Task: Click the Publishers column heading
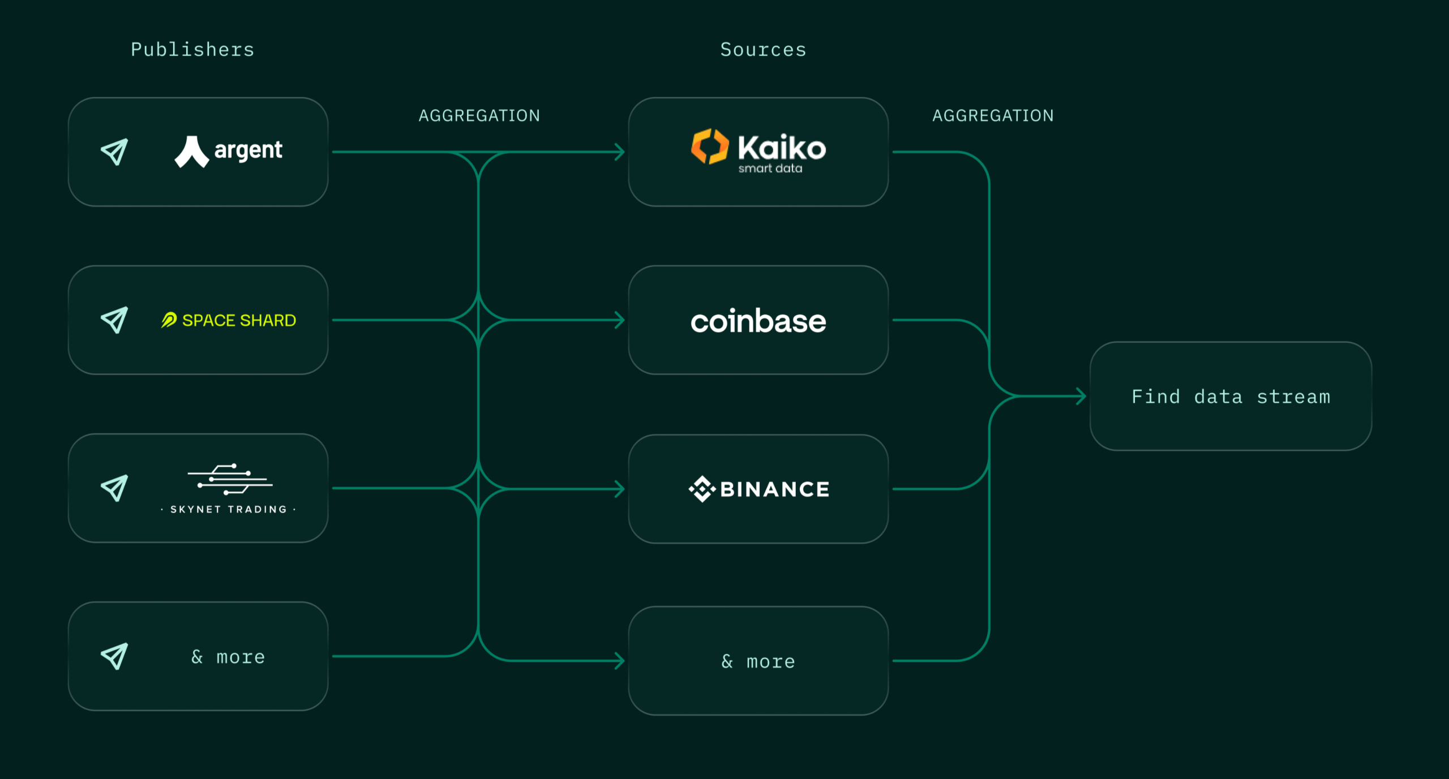(x=192, y=50)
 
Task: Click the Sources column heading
(x=763, y=50)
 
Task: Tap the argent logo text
(x=248, y=150)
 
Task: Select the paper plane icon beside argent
(x=114, y=152)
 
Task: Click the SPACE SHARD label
(x=239, y=320)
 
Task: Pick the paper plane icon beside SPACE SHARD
(x=114, y=320)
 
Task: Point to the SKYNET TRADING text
(x=229, y=509)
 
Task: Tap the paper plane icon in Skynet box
(x=114, y=488)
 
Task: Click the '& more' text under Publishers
(x=228, y=657)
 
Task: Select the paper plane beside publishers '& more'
(x=114, y=656)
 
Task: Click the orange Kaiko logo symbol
(x=709, y=147)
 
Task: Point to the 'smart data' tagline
(x=770, y=169)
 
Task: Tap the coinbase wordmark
(x=758, y=321)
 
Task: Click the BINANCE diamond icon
(x=702, y=489)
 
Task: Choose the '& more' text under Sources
(x=758, y=661)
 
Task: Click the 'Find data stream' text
(x=1231, y=397)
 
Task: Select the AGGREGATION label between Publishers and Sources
(x=479, y=116)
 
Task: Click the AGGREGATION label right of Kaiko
(x=993, y=116)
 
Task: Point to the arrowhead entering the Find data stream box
(x=1081, y=396)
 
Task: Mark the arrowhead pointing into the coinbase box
(x=620, y=320)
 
